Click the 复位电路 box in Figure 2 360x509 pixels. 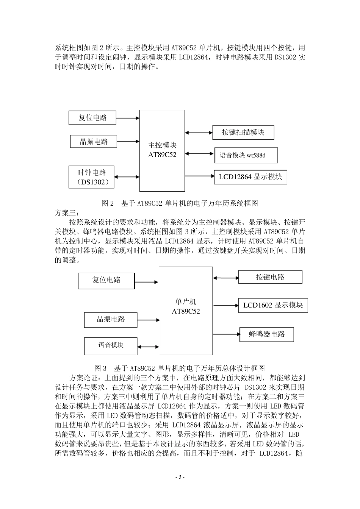92,118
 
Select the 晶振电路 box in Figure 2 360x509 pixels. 94,142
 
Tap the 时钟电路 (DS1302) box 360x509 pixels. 92,177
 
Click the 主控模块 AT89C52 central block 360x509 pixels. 162,150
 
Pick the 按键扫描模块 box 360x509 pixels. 243,132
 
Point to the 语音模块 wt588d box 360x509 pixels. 246,155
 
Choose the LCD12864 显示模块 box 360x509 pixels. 250,177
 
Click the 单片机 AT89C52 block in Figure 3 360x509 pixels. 186,306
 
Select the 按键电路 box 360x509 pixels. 270,277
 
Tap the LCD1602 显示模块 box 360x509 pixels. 273,305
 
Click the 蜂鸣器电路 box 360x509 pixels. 267,334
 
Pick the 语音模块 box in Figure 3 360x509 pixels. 111,345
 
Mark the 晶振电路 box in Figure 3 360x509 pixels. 110,319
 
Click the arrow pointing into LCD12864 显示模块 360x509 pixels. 200,176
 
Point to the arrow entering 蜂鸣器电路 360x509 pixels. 227,334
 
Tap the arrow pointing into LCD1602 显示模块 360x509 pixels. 225,305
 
